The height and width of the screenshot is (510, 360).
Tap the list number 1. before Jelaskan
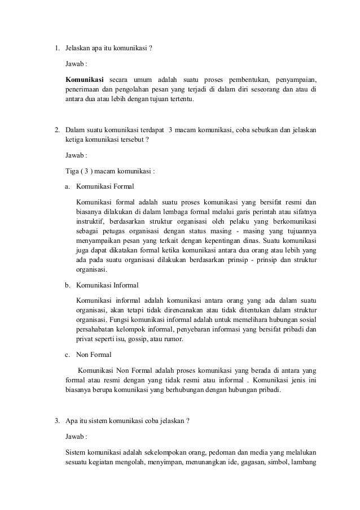(x=56, y=47)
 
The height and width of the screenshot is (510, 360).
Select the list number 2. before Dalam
(x=56, y=130)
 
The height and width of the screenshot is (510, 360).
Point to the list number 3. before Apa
(x=56, y=421)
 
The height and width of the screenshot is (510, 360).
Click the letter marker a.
(x=67, y=185)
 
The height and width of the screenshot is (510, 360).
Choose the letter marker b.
(x=67, y=285)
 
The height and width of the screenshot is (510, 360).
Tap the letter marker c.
(x=67, y=355)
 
